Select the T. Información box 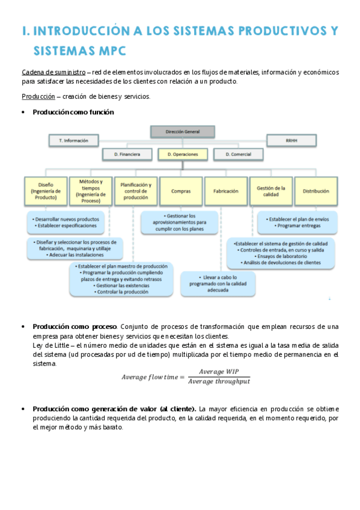[74, 140]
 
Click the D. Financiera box [127, 155]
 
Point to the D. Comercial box [238, 155]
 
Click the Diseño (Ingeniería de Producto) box [45, 191]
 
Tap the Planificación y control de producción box [136, 191]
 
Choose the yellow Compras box [181, 191]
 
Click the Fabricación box [226, 191]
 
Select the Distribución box [316, 191]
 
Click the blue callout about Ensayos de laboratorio [281, 253]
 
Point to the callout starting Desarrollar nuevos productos [66, 223]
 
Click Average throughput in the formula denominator [219, 381]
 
